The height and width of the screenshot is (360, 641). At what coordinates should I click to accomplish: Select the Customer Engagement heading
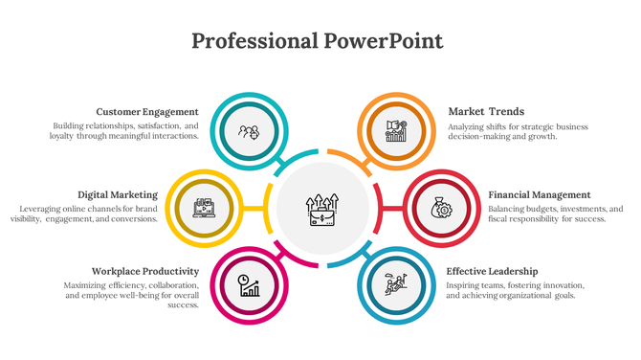click(x=147, y=111)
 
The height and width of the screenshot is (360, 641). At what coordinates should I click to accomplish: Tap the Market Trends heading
click(x=486, y=111)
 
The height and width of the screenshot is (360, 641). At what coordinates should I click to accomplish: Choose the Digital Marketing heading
click(x=118, y=194)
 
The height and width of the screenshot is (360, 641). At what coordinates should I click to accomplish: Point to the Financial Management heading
click(x=540, y=194)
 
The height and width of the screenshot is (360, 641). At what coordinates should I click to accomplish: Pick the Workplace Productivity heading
click(x=145, y=271)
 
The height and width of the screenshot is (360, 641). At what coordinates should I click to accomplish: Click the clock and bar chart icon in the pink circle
click(x=250, y=284)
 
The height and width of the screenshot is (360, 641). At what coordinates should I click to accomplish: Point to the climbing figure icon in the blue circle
click(x=396, y=284)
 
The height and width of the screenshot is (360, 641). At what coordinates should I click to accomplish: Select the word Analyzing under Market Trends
click(x=468, y=126)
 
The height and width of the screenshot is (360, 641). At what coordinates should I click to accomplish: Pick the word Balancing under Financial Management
click(x=508, y=209)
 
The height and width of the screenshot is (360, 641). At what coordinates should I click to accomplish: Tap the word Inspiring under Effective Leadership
click(x=464, y=285)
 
